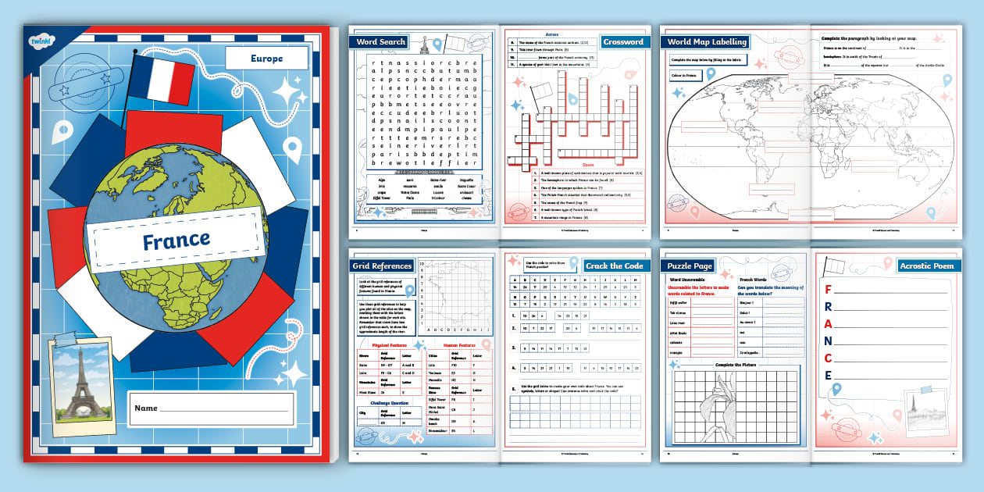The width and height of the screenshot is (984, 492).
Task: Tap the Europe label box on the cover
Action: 267,59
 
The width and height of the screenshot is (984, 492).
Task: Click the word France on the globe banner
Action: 176,240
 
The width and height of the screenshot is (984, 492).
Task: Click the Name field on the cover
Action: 211,408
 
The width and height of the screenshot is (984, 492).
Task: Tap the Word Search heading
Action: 382,41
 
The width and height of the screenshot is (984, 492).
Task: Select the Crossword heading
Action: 624,41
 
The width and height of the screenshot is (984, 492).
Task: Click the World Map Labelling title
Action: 707,41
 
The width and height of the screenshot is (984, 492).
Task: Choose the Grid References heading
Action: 382,266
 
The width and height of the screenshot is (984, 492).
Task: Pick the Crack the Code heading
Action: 615,266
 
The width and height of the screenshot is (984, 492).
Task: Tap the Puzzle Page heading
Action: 689,266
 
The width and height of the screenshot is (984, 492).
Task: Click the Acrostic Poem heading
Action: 927,266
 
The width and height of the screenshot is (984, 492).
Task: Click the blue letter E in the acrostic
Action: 828,376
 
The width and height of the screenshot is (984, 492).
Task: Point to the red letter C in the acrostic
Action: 828,358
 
